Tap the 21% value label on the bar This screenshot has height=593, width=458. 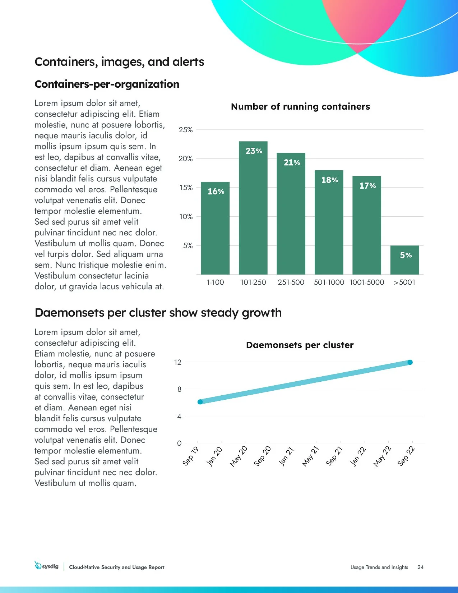pos(292,163)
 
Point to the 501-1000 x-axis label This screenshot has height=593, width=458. pos(329,282)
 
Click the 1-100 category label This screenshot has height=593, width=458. pos(215,282)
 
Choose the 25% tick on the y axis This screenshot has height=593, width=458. pos(186,130)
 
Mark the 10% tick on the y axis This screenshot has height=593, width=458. pos(186,217)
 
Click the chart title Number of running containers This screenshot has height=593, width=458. pos(300,107)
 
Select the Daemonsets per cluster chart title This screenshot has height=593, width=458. pos(300,345)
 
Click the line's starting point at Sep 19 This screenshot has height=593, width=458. pos(200,402)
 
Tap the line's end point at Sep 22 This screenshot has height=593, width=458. pos(410,362)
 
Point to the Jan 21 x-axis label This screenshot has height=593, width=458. pos(286,456)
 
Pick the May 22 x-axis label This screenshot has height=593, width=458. pos(382,456)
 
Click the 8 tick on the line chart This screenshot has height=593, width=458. pos(179,389)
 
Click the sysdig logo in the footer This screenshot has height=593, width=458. pos(47,566)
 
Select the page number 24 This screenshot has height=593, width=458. pos(420,567)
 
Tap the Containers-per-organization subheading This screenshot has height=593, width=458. pos(107,84)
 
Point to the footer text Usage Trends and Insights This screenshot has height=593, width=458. pos(379,567)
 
